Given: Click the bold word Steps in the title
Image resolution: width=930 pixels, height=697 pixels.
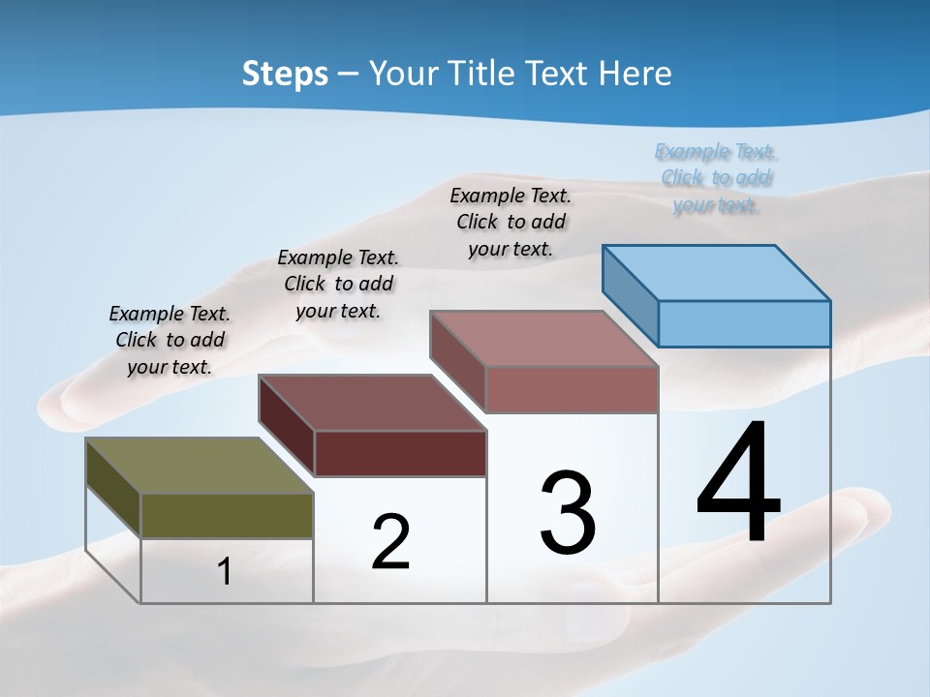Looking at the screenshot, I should pyautogui.click(x=285, y=74).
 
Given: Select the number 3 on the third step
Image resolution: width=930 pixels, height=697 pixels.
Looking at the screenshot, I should pyautogui.click(x=568, y=513).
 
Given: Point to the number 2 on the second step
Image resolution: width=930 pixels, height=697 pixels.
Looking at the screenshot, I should pyautogui.click(x=390, y=542).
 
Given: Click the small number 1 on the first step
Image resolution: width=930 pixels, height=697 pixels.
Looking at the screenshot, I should pyautogui.click(x=225, y=572).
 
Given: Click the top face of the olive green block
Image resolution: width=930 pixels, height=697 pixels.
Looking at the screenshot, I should pyautogui.click(x=199, y=466).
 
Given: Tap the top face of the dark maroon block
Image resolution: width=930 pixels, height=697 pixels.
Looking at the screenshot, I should pyautogui.click(x=372, y=403).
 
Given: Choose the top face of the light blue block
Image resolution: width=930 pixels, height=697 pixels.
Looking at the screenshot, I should pyautogui.click(x=717, y=273).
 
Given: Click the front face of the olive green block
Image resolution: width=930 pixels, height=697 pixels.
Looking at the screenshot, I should pyautogui.click(x=227, y=515).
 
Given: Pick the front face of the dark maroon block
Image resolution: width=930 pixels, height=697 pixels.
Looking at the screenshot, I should pyautogui.click(x=400, y=453).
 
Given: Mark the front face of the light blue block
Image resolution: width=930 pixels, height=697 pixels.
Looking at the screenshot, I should pyautogui.click(x=744, y=323).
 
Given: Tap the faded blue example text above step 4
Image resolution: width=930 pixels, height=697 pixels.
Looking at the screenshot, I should pyautogui.click(x=716, y=178).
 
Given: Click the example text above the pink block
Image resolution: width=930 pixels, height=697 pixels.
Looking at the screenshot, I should pyautogui.click(x=511, y=222).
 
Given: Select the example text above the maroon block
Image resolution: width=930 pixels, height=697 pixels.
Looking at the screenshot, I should pyautogui.click(x=338, y=284).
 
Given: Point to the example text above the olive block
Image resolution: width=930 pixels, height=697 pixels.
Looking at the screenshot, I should pyautogui.click(x=170, y=340).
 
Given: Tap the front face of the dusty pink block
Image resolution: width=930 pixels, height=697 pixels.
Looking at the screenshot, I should pyautogui.click(x=572, y=389).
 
